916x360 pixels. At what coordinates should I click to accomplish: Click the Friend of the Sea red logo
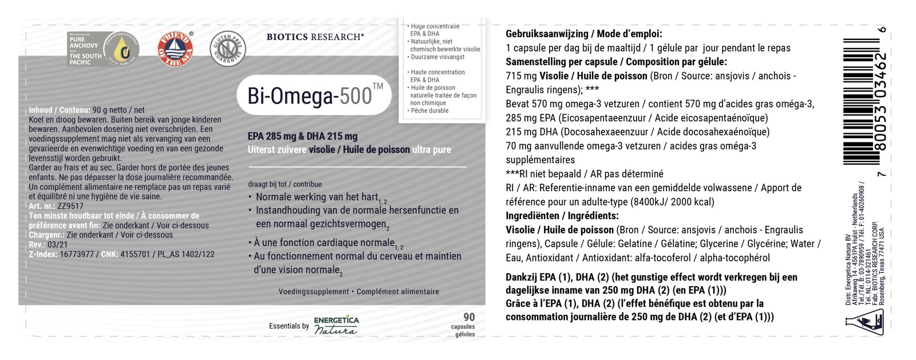click(x=175, y=49)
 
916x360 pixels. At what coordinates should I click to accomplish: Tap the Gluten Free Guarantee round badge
click(x=228, y=49)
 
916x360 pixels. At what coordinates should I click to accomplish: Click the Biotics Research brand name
click(x=315, y=37)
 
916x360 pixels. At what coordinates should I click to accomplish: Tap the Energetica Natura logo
click(x=337, y=326)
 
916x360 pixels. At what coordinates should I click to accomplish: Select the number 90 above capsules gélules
click(x=469, y=317)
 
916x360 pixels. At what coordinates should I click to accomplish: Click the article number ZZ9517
click(x=70, y=206)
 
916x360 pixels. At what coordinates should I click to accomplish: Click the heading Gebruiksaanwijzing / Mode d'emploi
click(x=583, y=34)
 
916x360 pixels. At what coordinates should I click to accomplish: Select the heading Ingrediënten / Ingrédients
click(x=562, y=216)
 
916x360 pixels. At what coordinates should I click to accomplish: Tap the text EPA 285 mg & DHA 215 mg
click(x=302, y=136)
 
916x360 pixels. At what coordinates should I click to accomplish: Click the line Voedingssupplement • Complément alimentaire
click(x=358, y=292)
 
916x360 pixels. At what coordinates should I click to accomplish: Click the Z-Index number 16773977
click(x=78, y=254)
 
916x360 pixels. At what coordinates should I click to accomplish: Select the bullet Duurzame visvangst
click(x=437, y=57)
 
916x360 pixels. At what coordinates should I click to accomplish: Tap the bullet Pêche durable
click(x=429, y=110)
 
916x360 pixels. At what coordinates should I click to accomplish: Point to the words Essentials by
click(x=289, y=326)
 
